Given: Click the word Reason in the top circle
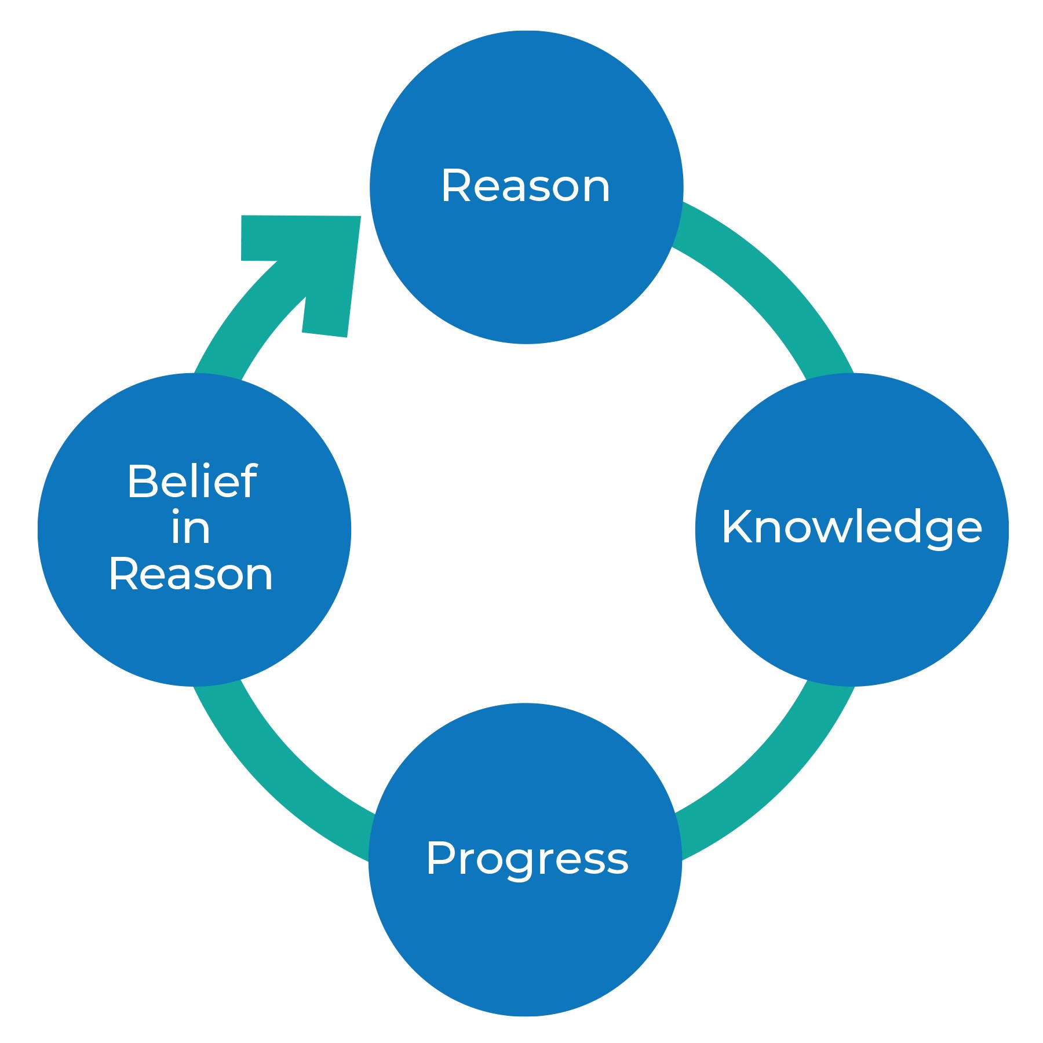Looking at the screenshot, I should [x=526, y=187].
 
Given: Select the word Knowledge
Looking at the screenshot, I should [x=851, y=527].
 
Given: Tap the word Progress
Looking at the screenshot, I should [x=527, y=858].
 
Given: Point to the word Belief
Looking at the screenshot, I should [x=192, y=481].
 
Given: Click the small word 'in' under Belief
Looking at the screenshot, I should [x=191, y=528].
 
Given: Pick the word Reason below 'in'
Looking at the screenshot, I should [x=191, y=575].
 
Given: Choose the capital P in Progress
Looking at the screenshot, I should [x=440, y=858].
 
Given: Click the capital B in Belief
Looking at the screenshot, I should [x=141, y=481].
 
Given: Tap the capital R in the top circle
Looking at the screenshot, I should [x=455, y=186].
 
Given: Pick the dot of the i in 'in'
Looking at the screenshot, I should [x=176, y=513].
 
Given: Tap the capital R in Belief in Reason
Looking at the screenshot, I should [x=122, y=575].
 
